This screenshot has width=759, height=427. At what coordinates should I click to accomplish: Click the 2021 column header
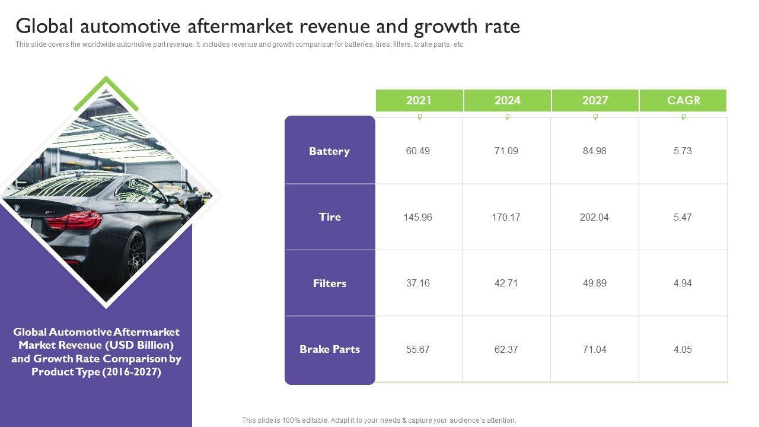click(x=419, y=100)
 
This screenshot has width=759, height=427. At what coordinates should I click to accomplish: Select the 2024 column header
click(x=507, y=100)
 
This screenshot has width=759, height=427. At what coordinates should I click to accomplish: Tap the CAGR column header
click(x=683, y=100)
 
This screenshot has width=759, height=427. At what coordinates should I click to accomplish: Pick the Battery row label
click(x=330, y=151)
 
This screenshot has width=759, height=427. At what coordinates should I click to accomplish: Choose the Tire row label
click(x=330, y=217)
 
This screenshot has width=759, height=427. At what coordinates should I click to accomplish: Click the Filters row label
click(x=330, y=283)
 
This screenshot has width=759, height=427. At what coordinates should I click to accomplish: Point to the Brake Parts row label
click(x=330, y=349)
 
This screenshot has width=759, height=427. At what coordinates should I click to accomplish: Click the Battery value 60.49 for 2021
click(x=418, y=151)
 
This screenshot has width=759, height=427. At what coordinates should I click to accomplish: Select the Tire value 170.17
click(x=506, y=217)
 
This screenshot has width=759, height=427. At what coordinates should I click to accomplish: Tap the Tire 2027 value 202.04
click(x=594, y=217)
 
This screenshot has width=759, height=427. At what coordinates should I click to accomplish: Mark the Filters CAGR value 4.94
click(x=683, y=283)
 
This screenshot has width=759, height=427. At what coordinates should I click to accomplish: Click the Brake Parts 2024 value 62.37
click(x=506, y=349)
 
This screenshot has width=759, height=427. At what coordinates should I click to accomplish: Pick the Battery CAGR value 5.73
click(x=683, y=151)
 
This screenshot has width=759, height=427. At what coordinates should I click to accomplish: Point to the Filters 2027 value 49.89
click(x=594, y=283)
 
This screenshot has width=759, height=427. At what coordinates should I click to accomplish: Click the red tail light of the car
click(x=75, y=220)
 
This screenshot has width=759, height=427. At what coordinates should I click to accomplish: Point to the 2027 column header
click(x=595, y=100)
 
